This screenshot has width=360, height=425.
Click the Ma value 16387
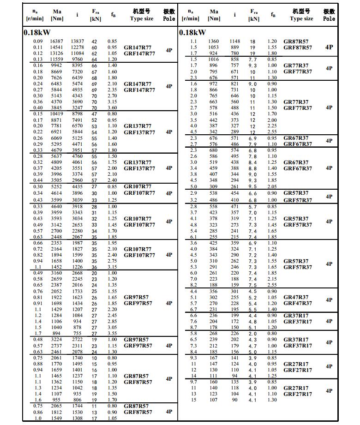pyautogui.click(x=57, y=41)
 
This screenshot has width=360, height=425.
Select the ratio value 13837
pyautogui.click(x=77, y=41)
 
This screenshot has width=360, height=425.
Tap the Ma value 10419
pyautogui.click(x=57, y=114)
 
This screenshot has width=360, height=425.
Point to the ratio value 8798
pyautogui.click(x=77, y=114)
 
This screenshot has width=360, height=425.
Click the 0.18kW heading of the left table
pyautogui.click(x=37, y=32)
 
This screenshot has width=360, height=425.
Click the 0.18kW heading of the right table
pyautogui.click(x=192, y=32)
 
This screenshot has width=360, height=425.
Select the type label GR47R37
pyautogui.click(x=296, y=297)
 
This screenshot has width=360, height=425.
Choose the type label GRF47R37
pyautogui.click(x=297, y=303)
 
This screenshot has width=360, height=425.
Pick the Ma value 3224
pyautogui.click(x=57, y=340)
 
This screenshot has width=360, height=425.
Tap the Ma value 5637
pyautogui.click(x=57, y=156)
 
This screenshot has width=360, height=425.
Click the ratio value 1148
pyautogui.click(x=235, y=41)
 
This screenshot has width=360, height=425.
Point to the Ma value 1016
pyautogui.click(x=214, y=60)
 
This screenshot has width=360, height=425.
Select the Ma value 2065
pyautogui.click(x=57, y=406)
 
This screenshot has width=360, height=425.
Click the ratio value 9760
pyautogui.click(x=77, y=59)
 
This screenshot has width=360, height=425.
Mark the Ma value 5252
pyautogui.click(x=57, y=186)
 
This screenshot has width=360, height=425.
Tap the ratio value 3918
pyautogui.click(x=77, y=206)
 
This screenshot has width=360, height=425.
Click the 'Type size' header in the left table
pyautogui.click(x=141, y=19)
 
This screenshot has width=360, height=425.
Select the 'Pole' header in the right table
pyautogui.click(x=329, y=19)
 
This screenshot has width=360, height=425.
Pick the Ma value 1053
pyautogui.click(x=214, y=47)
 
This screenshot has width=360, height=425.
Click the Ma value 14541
pyautogui.click(x=57, y=47)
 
